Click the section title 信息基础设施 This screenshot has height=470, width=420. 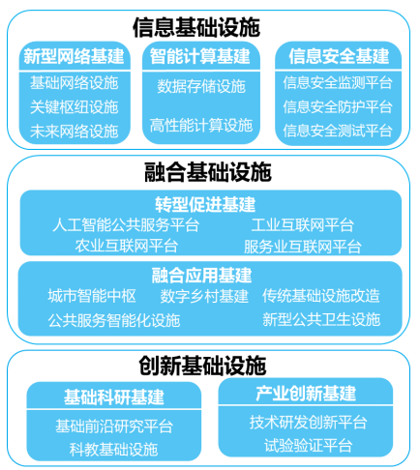(196, 27)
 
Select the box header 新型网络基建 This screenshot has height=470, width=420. (74, 56)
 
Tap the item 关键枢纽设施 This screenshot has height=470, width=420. (74, 107)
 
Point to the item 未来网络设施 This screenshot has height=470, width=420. (74, 132)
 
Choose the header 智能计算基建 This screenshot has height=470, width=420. (200, 56)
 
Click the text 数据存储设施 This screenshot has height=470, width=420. (201, 86)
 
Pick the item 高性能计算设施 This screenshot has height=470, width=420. (201, 125)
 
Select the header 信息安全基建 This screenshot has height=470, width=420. (339, 56)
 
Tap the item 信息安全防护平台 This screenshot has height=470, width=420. (338, 106)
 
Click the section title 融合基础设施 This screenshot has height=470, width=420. (208, 172)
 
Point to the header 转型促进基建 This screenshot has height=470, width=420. (205, 204)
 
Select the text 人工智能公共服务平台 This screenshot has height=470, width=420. (126, 224)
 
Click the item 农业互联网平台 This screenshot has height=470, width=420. (127, 246)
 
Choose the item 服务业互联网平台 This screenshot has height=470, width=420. (303, 247)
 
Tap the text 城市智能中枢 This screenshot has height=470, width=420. (92, 296)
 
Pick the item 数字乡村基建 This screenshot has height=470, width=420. (204, 296)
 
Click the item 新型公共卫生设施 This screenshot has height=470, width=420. (321, 319)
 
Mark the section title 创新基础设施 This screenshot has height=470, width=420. (202, 366)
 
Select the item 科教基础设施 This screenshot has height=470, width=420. (113, 450)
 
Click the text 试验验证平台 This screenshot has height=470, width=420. (308, 446)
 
